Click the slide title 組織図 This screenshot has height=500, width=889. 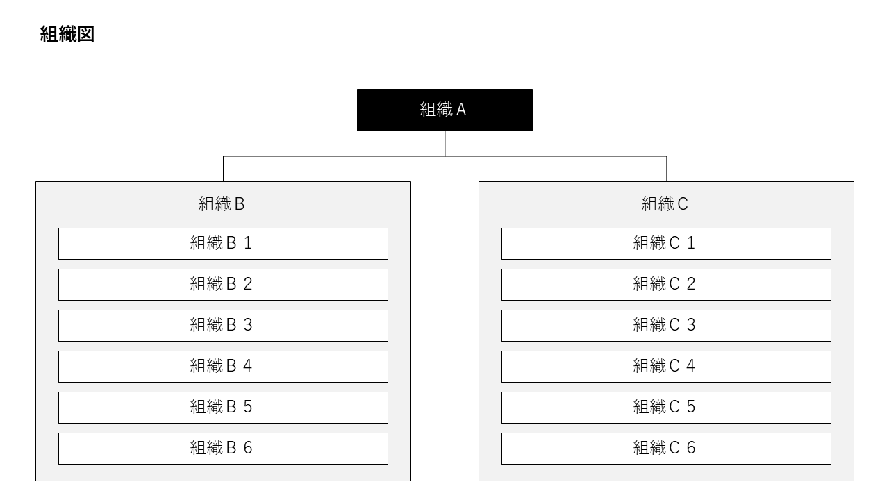point(67,35)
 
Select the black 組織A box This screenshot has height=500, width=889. point(444,110)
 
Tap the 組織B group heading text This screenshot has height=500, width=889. point(222,203)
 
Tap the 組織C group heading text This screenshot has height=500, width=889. point(665,203)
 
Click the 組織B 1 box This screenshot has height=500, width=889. point(223,243)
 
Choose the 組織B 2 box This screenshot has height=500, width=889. point(223,284)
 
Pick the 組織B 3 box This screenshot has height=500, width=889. point(223,325)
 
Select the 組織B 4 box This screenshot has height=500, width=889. point(223,366)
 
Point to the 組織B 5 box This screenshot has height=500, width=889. point(223,407)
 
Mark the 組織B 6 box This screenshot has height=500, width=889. point(223,448)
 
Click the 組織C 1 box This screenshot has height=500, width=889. point(666,243)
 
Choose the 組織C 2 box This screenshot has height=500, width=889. point(666,284)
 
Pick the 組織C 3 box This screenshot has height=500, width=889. point(666,325)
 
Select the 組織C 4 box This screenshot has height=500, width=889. point(666,366)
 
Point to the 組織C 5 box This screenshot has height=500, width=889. point(666,407)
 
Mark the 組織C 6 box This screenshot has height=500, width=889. point(666,448)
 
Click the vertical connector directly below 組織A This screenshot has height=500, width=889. point(445,143)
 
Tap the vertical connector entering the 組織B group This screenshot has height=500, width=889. point(223,169)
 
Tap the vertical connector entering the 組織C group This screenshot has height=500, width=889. point(667,169)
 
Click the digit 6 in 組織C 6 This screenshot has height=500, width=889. point(691,448)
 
